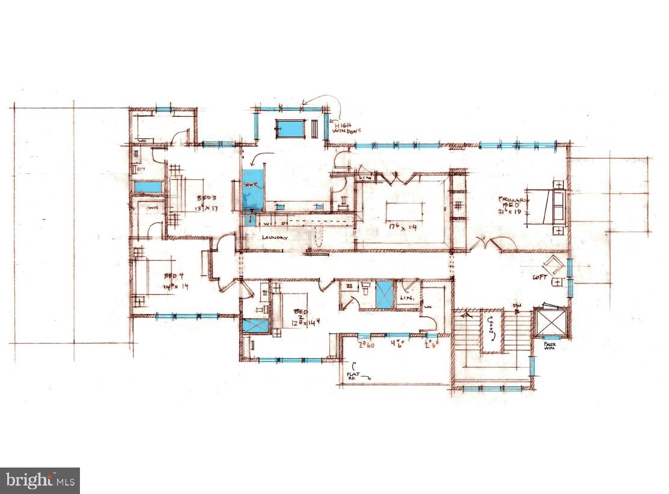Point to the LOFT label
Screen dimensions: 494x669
[x=539, y=277]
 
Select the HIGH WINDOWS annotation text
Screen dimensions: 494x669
[x=347, y=128]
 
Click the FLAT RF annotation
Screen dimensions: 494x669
[x=353, y=377]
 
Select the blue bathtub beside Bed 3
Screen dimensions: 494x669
[x=148, y=187]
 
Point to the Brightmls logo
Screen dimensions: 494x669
[x=40, y=480]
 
